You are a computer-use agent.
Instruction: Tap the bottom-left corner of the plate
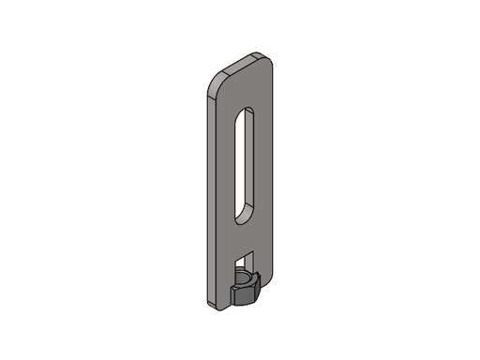click(204, 300)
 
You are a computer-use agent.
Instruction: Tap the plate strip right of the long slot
click(262, 159)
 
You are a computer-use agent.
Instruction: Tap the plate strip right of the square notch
click(262, 262)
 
